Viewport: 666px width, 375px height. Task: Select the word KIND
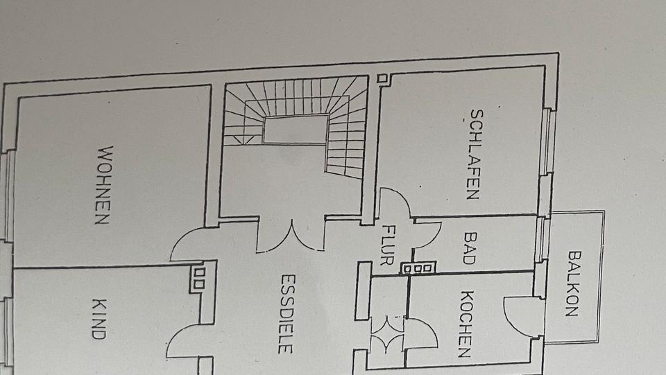[x=99, y=318]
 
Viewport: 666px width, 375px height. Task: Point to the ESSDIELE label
[x=286, y=313]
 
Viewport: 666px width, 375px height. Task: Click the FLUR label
[x=388, y=245]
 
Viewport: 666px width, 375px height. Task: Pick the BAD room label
[x=468, y=248]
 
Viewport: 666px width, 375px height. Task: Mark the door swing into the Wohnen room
[x=189, y=244]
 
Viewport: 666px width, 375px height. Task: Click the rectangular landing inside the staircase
[x=295, y=130]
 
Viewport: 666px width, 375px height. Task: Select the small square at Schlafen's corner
[x=381, y=79]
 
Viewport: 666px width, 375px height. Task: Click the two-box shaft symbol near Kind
[x=198, y=277]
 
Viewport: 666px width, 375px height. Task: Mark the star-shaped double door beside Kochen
[x=388, y=334]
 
